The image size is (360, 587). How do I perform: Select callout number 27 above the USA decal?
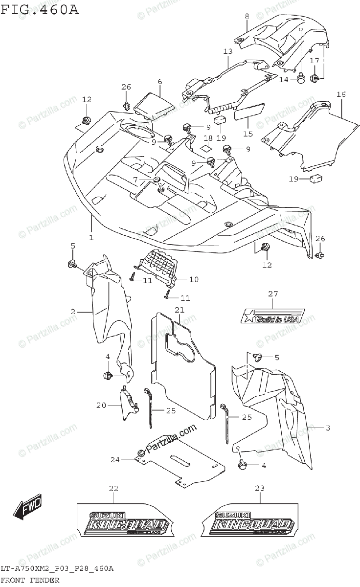pyautogui.click(x=272, y=294)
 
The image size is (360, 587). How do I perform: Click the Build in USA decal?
pyautogui.click(x=273, y=316)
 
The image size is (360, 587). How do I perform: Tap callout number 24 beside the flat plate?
pyautogui.click(x=114, y=459)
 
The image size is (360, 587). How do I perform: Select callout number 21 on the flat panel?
pyautogui.click(x=180, y=310)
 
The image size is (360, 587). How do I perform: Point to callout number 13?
pyautogui.click(x=227, y=51)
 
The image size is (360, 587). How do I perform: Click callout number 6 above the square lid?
pyautogui.click(x=159, y=81)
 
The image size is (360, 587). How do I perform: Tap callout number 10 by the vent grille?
pyautogui.click(x=194, y=279)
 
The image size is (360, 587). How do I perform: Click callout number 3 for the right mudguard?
pyautogui.click(x=328, y=428)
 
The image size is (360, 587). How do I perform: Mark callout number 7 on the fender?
pyautogui.click(x=135, y=180)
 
